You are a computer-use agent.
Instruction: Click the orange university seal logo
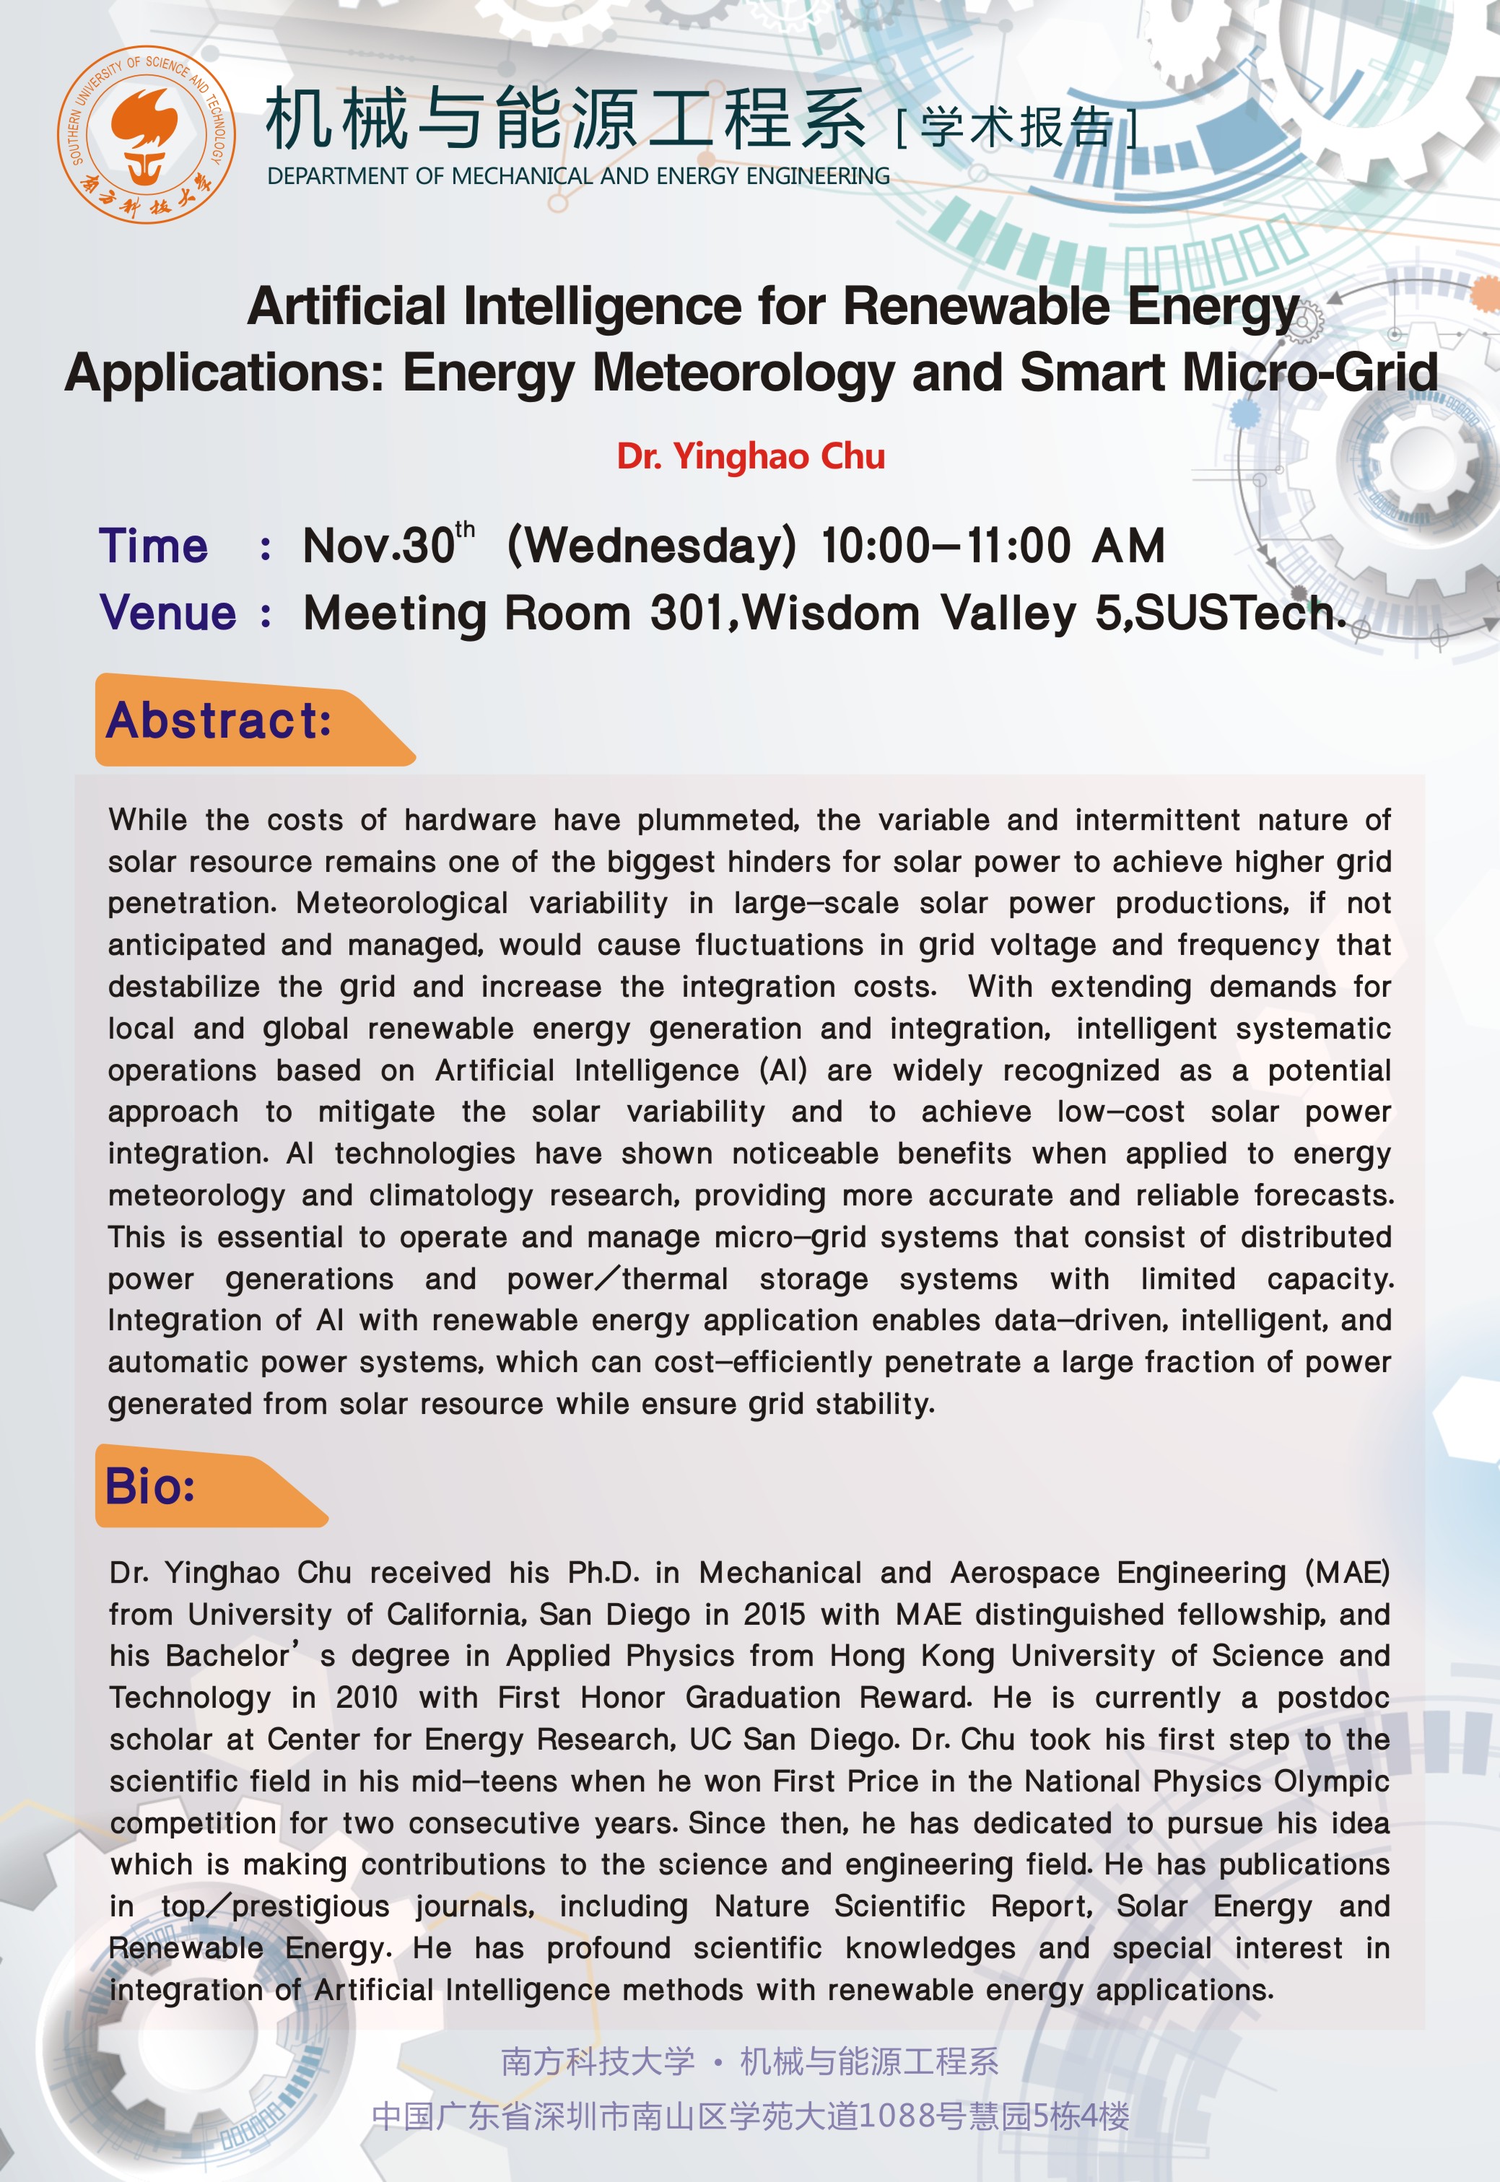pos(146,134)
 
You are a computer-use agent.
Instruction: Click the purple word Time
pos(153,546)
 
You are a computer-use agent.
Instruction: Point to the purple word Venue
pos(168,613)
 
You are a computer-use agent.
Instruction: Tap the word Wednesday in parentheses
pos(651,546)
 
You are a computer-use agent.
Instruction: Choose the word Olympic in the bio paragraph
pos(1331,1781)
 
